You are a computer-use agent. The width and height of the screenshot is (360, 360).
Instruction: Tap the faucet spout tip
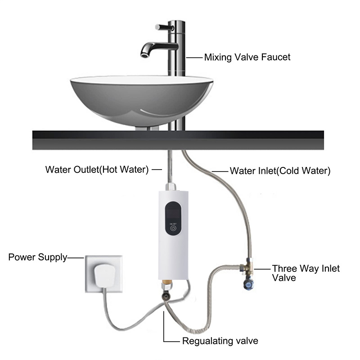pos(145,54)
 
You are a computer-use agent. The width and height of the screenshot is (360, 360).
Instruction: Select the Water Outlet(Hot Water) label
pos(97,170)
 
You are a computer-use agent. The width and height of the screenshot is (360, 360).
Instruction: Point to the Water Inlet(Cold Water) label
pos(280,171)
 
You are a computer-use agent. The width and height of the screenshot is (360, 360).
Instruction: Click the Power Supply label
pos(38,257)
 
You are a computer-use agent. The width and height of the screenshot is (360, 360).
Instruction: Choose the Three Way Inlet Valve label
pos(306,273)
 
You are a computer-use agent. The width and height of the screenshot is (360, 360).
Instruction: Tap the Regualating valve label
pos(220,341)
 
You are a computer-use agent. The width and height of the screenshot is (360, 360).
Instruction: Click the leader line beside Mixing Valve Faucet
pos(194,57)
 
